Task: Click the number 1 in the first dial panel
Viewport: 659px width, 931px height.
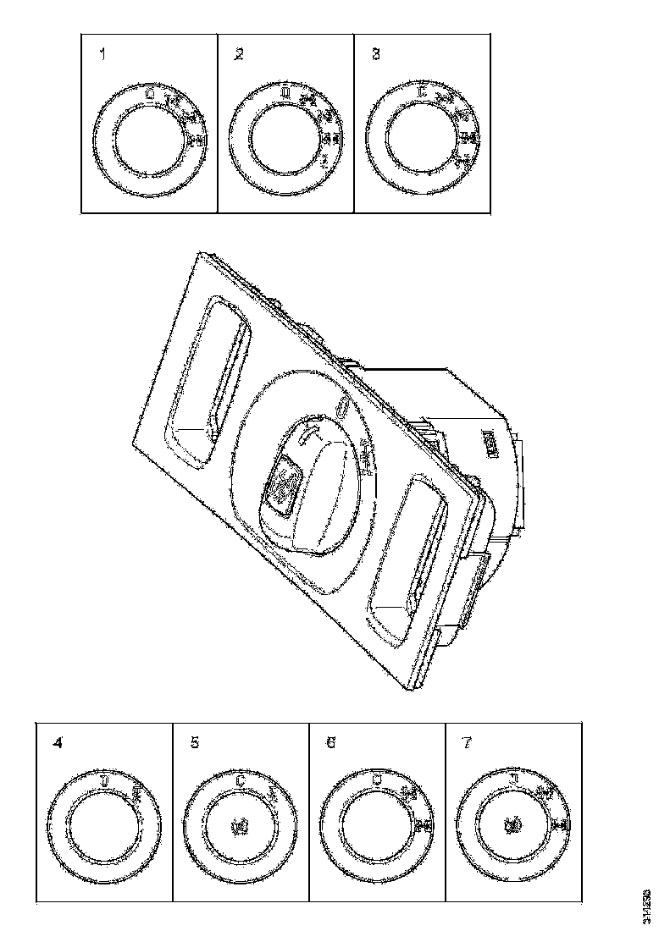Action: tap(103, 55)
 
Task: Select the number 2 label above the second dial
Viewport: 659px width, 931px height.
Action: tap(239, 55)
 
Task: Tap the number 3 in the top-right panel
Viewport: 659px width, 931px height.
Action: tap(376, 55)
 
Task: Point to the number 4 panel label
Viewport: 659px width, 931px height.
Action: tap(58, 744)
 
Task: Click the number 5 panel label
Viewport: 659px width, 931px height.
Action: tap(195, 744)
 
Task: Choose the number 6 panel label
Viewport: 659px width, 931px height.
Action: tap(330, 744)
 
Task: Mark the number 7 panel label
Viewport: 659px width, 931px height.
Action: tap(467, 744)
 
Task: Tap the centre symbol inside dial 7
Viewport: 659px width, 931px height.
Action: tap(513, 823)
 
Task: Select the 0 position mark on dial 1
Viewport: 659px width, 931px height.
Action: tap(150, 94)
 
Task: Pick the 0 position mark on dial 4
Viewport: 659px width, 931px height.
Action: tap(104, 779)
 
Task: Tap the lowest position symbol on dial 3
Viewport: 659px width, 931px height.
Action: tap(462, 160)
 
